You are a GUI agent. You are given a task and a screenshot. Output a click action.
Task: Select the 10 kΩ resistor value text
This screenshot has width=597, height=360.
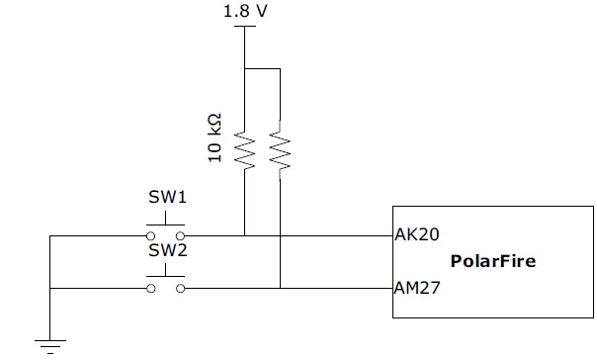coord(213,138)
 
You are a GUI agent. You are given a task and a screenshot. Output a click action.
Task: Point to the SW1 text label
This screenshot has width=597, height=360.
coord(167,197)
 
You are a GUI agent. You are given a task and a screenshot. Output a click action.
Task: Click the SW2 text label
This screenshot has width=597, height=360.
coord(167,250)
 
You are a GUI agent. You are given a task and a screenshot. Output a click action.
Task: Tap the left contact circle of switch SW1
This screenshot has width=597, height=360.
coord(151,236)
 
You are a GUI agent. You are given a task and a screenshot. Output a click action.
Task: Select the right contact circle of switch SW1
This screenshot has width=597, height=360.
coord(181,236)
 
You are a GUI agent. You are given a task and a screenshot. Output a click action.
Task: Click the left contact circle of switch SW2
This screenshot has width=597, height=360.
coord(151,289)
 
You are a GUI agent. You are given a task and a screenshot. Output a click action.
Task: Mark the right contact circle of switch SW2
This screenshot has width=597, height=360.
coord(181,289)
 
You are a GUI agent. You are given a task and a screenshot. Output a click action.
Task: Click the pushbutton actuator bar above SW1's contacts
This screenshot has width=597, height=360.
coord(166,225)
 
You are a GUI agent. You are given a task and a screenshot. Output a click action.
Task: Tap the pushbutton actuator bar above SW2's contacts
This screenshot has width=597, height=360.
coord(166,277)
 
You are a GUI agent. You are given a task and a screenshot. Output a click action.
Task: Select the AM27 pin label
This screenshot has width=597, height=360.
coord(415,289)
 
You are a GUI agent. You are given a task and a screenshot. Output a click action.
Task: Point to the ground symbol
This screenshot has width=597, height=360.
coord(50,345)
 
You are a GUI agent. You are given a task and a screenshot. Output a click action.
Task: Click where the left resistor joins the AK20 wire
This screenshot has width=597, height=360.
coord(243,236)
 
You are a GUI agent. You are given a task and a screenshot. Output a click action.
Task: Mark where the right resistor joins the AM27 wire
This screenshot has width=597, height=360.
coord(280,289)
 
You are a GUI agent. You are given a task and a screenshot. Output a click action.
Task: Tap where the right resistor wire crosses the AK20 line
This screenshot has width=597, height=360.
coord(280,236)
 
